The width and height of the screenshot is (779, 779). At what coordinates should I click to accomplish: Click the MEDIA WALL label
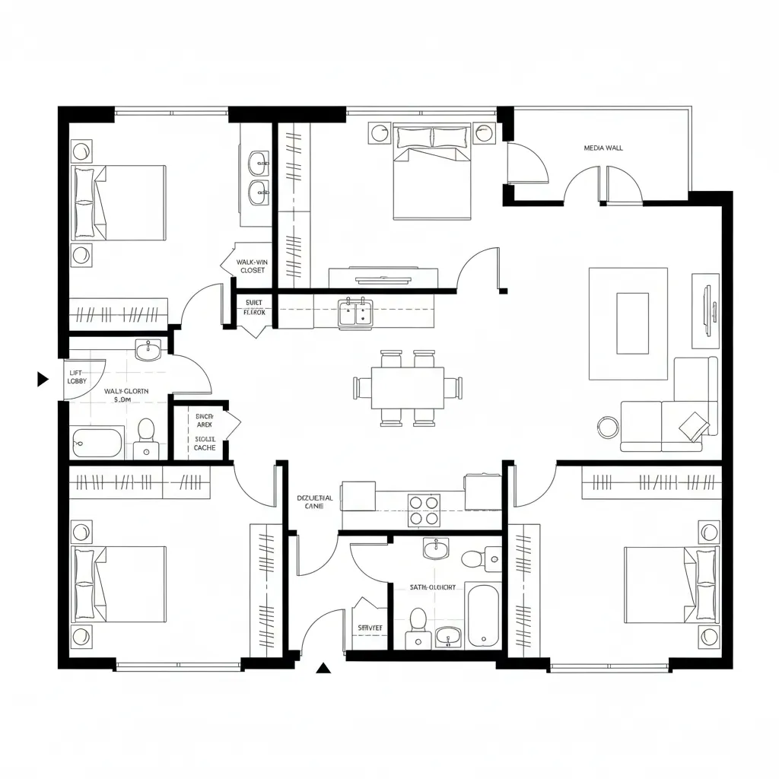pos(603,148)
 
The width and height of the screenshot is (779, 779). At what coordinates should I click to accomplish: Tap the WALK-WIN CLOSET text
pos(252,265)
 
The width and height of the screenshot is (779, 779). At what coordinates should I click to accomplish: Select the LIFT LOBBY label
pos(77,377)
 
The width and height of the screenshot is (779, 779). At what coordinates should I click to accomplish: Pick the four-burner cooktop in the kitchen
pos(424,510)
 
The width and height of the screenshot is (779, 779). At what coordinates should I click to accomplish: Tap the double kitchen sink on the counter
pos(356,311)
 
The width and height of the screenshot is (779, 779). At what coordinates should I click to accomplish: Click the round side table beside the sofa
pos(609,427)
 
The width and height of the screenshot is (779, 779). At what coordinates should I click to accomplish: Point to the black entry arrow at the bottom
pos(325,669)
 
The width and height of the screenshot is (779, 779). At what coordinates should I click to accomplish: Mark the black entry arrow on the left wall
pos(43,379)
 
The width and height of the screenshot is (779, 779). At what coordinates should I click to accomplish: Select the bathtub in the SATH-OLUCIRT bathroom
pos(484,615)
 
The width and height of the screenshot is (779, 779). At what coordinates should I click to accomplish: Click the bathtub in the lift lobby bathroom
pos(97,442)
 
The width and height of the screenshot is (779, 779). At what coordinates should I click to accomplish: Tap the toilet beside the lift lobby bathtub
pos(145,436)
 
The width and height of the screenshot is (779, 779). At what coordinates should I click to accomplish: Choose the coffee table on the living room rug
pos(632,323)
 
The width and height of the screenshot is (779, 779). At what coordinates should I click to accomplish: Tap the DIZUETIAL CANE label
pos(314,501)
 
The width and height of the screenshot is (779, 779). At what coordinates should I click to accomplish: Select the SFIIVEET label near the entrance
pos(370,627)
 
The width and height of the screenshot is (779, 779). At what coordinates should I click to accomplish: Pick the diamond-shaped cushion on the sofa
pos(694,424)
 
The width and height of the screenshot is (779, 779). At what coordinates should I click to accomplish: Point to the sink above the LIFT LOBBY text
pos(148,350)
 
